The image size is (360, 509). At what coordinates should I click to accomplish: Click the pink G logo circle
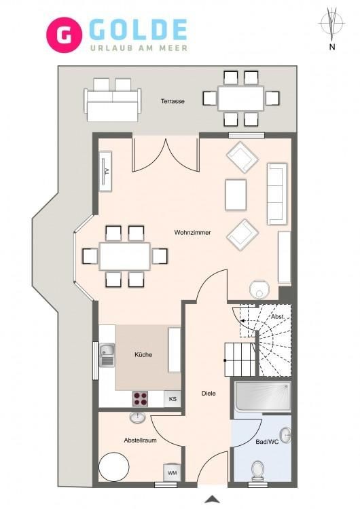tap(64, 35)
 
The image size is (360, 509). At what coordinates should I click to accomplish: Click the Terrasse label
tap(173, 101)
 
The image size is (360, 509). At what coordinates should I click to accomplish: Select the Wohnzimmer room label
tap(192, 232)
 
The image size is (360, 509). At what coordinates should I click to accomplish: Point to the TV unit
tap(106, 171)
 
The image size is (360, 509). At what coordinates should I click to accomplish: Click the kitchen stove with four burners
tap(141, 398)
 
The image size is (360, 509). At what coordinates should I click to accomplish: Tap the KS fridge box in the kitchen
tap(173, 398)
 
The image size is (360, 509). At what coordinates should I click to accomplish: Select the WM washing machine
tap(172, 472)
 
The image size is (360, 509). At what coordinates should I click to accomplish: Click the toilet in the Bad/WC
tap(258, 470)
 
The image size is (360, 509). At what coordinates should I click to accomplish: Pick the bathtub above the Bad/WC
tap(263, 397)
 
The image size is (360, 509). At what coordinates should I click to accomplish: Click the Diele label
tap(209, 394)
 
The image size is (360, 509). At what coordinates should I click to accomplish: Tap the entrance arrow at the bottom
tap(212, 499)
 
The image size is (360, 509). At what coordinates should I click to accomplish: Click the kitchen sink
tap(107, 355)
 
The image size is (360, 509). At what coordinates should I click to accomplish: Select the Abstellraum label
tap(140, 440)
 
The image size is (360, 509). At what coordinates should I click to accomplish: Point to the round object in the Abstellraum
tap(114, 467)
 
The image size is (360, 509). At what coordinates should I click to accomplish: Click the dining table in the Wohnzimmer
tap(125, 256)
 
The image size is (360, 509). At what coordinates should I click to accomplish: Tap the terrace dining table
tap(240, 98)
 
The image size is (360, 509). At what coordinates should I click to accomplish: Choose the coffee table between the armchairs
tap(236, 195)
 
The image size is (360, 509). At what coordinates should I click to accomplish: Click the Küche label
tap(143, 355)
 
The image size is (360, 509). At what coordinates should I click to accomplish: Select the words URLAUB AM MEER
tap(139, 48)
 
